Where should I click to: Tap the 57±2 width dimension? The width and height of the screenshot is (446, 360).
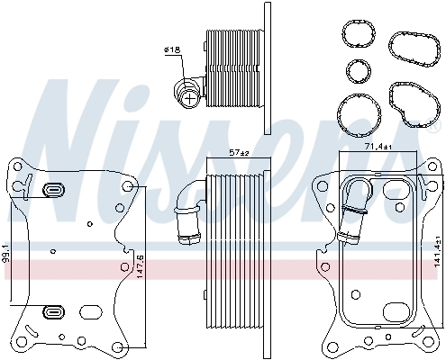238,153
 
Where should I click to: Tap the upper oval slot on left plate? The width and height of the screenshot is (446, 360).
53,190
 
